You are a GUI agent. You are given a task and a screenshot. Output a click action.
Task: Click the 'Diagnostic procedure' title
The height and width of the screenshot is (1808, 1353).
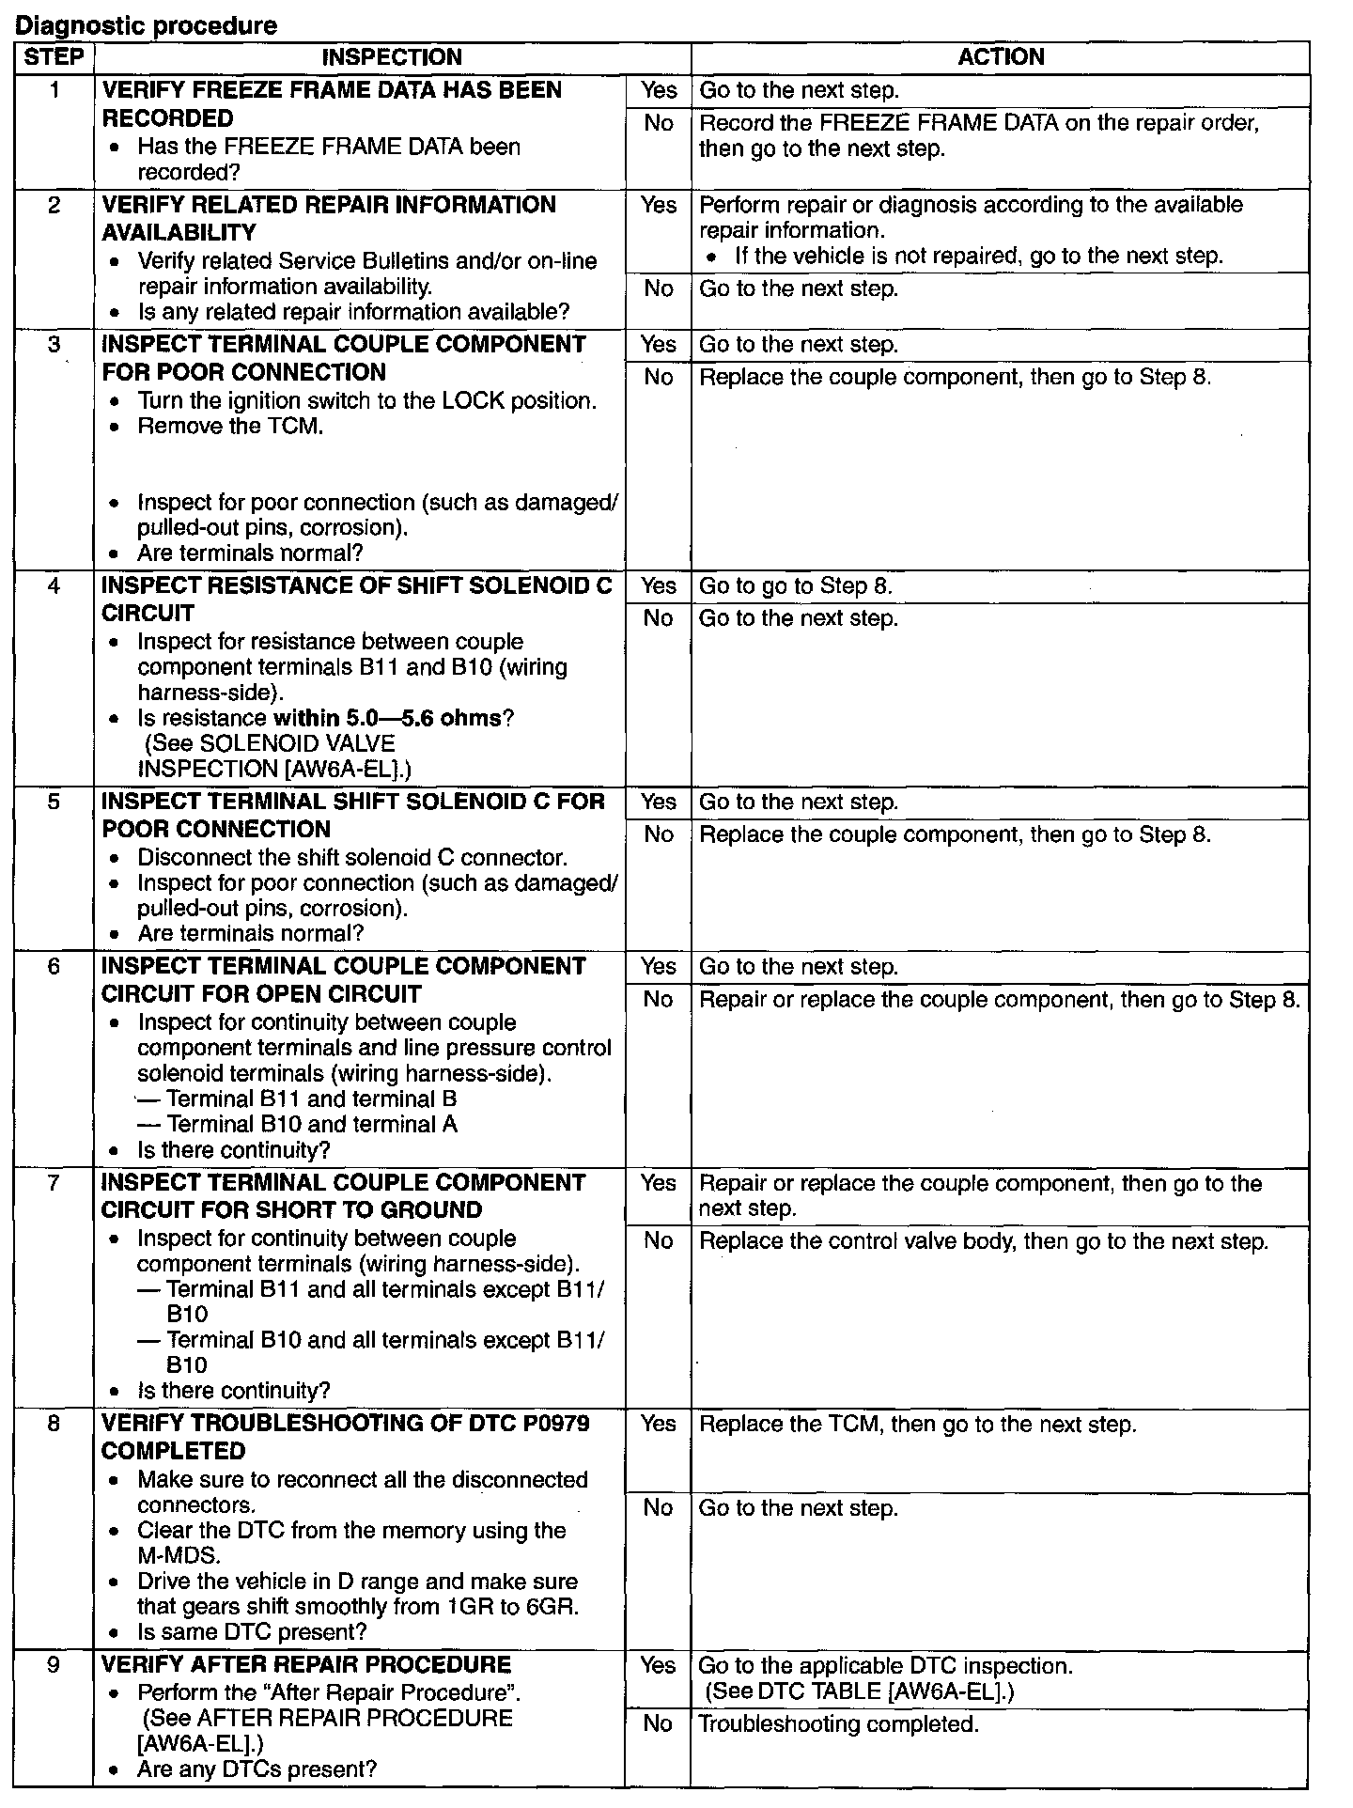click(146, 25)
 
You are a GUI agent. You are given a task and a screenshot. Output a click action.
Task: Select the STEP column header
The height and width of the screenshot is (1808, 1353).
click(54, 57)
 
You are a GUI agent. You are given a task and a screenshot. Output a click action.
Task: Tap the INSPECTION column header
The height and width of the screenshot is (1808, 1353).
click(392, 57)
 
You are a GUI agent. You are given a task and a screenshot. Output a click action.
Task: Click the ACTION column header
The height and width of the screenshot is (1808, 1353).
click(1001, 57)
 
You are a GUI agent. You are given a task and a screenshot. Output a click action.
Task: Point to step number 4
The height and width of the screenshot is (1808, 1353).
click(54, 586)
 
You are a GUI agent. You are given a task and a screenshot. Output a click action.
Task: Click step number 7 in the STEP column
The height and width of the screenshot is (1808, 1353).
click(54, 1183)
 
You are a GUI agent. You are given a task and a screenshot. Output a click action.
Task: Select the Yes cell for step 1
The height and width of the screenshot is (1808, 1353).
click(659, 90)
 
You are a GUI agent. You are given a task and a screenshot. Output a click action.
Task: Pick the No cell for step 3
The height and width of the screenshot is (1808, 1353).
click(659, 378)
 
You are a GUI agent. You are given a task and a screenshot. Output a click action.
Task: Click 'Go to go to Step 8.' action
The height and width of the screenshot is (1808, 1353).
click(796, 586)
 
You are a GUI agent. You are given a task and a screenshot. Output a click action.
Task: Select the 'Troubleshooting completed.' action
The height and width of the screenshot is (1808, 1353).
click(839, 1724)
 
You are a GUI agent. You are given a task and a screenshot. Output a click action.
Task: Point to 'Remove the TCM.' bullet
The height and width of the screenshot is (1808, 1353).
click(230, 427)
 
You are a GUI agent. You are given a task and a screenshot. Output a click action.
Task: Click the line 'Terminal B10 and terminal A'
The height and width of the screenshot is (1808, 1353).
click(312, 1125)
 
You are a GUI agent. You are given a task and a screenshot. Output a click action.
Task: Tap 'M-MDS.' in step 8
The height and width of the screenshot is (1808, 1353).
click(179, 1555)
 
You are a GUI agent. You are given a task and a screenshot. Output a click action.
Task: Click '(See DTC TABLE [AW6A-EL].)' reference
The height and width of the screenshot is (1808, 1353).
click(860, 1691)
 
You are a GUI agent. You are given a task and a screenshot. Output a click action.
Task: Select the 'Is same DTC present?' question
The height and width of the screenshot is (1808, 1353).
click(252, 1632)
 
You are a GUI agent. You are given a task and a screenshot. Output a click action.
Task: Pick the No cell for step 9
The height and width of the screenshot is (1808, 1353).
click(659, 1723)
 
